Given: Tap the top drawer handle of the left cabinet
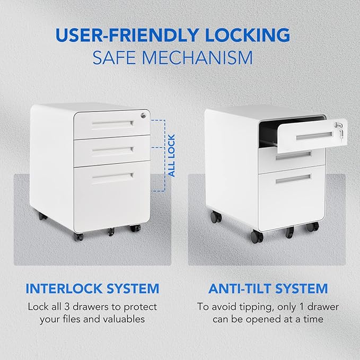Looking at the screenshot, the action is pos(113,124).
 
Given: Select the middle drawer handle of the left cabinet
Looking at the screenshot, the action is pos(113,150).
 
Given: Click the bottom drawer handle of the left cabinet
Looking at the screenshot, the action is pos(113,176).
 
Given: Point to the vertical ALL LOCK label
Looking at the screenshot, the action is pos(171,156).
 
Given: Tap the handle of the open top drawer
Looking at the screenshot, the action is pos(314,136).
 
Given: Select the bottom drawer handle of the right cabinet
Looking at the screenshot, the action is pos(293,179).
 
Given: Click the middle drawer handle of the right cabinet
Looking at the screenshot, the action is pos(293,156).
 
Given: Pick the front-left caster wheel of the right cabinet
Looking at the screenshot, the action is pos(257,236).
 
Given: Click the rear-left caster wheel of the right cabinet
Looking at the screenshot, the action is pos(216,217).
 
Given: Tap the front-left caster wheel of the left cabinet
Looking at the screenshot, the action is pos(78,236).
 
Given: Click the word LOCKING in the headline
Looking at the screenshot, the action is pos(248,35).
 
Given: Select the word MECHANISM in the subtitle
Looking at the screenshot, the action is pos(197,58).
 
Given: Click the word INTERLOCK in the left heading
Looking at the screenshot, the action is pos(64,288).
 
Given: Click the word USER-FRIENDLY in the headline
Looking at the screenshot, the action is pos(127,35).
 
